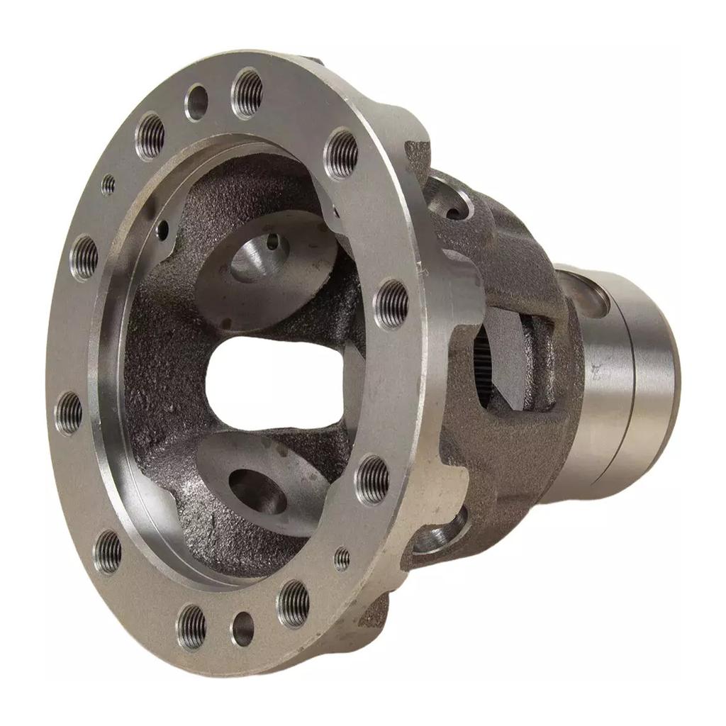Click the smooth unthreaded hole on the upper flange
coord(196,102)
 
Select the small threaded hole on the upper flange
coord(108,185)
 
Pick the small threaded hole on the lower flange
coord(342,559)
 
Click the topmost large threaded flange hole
coord(247,91)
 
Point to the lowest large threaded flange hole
coord(191,627)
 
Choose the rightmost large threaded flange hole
coord(392,304)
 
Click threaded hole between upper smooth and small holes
coord(150,135)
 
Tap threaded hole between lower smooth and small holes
coord(294,603)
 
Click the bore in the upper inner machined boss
coord(259,255)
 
